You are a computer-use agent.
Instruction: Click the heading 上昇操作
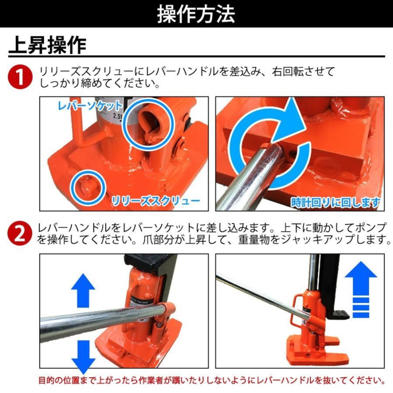coord(47,45)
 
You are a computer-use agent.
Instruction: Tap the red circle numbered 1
coord(20,77)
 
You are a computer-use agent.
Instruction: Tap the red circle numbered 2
coord(20,233)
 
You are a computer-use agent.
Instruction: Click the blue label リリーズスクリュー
coord(156,201)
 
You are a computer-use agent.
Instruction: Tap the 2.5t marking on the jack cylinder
coord(117,117)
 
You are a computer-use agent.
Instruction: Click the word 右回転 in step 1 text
coord(288,72)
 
